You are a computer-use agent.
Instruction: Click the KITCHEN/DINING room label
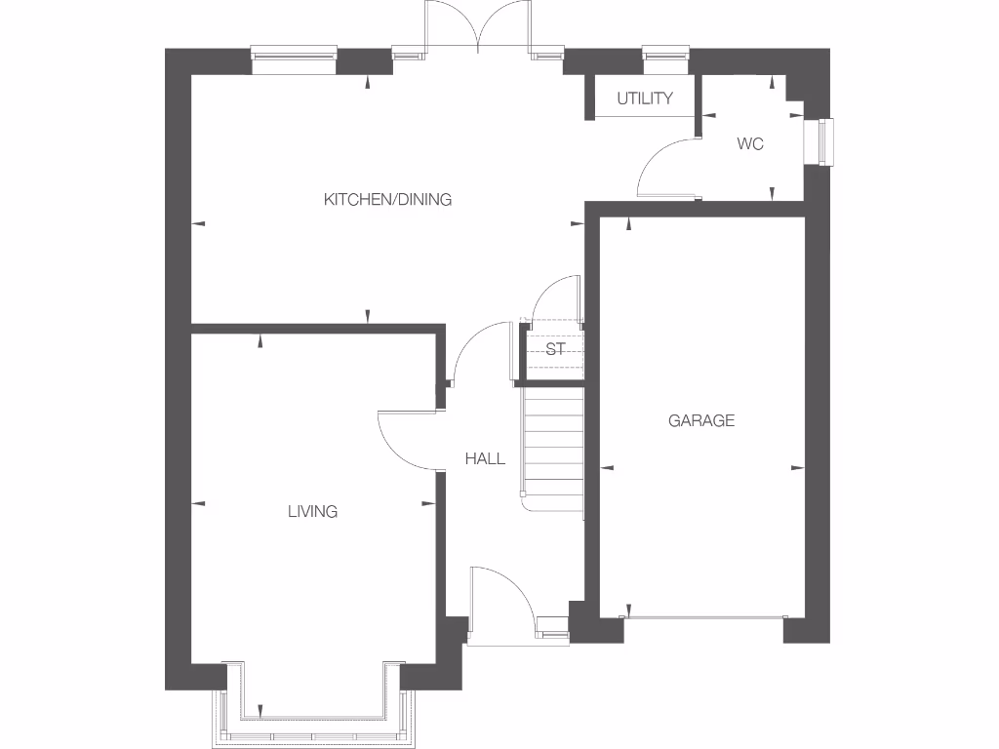point(387,200)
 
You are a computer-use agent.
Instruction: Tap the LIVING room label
point(312,511)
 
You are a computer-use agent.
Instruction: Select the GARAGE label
point(700,421)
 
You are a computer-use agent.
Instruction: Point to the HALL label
point(485,458)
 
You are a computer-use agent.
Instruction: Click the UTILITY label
point(644,99)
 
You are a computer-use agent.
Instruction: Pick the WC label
point(749,144)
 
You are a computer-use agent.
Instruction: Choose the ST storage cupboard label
point(555,349)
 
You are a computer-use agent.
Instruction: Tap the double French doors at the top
point(478,27)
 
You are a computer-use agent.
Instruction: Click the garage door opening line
point(704,616)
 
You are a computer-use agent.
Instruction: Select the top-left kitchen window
point(294,57)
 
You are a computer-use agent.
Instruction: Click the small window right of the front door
point(552,629)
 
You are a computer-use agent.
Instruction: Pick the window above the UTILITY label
point(665,55)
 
